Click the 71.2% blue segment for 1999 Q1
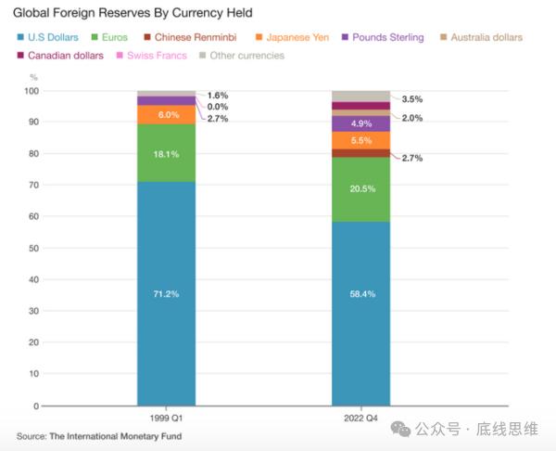(166, 293)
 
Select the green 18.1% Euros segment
(166, 153)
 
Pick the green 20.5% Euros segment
(361, 189)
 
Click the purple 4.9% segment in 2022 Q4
(361, 123)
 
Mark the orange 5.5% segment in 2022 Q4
(361, 140)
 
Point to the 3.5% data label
(412, 98)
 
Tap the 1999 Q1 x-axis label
(167, 419)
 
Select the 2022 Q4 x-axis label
(361, 419)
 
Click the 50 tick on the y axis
(33, 249)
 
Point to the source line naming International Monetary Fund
(99, 436)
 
